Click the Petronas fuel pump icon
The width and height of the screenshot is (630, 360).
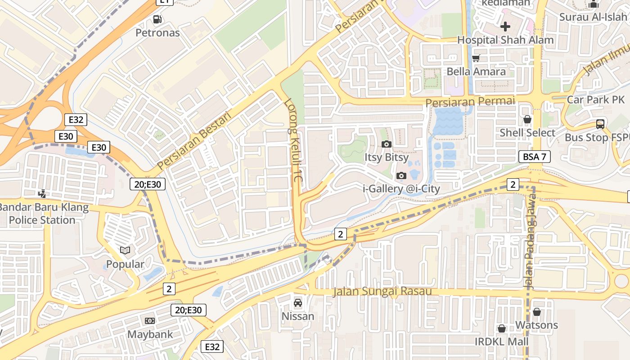coord(157,19)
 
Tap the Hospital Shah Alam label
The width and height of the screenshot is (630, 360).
coord(505,40)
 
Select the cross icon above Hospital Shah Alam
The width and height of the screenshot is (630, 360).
coord(505,27)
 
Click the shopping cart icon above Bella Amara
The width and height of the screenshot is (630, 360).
coord(476,58)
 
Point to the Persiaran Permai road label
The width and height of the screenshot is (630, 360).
coord(470,102)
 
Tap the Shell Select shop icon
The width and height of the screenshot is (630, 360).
coord(527,119)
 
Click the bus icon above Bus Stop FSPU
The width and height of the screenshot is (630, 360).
coord(600,124)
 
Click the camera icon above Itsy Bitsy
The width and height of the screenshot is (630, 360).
coord(386,144)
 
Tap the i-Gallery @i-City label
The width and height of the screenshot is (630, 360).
coord(401,189)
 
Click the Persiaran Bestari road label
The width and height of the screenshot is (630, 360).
coord(194,140)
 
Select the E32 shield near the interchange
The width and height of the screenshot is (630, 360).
coord(76,120)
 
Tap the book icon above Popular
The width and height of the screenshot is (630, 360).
coord(125,250)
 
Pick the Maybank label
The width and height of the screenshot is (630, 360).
coord(150,334)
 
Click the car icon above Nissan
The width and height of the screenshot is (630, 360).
coord(297,302)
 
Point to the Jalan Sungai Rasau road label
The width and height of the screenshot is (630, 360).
coord(382,292)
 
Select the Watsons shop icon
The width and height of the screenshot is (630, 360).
coord(536,311)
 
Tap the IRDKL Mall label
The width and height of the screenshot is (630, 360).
coord(502,342)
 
